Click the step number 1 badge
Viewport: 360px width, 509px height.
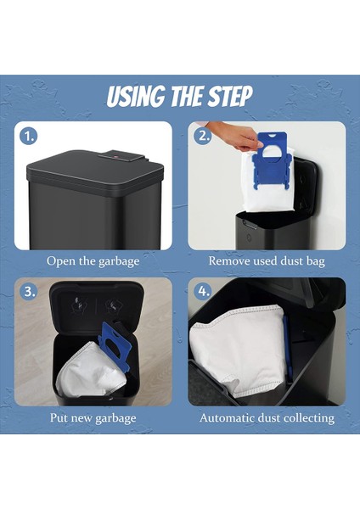click(29, 137)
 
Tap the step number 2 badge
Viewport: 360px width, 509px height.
click(202, 137)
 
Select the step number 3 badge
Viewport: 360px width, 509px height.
click(29, 292)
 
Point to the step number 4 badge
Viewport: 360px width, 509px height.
click(202, 292)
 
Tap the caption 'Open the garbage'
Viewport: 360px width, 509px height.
click(93, 261)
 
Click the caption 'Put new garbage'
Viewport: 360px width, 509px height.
click(93, 418)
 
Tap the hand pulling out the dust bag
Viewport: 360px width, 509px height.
click(236, 135)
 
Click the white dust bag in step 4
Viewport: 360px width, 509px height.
click(239, 350)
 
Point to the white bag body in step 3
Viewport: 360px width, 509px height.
click(87, 372)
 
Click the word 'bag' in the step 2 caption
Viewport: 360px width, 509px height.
click(316, 261)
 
